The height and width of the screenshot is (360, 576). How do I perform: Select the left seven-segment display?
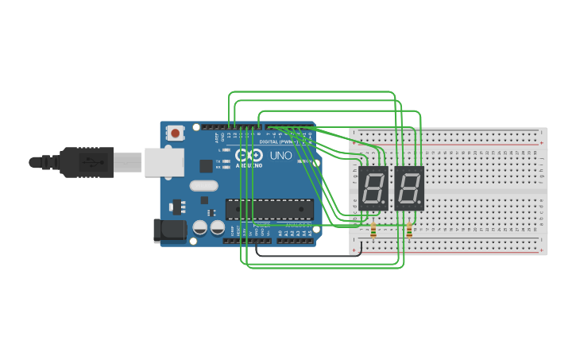(373, 188)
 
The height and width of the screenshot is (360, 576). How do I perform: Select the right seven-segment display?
(409, 188)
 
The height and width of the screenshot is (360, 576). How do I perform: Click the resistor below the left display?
(373, 231)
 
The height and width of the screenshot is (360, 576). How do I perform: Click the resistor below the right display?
(409, 231)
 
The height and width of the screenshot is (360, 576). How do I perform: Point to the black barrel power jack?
(169, 231)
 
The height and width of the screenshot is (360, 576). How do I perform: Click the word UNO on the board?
(281, 156)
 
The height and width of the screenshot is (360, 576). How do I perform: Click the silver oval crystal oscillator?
(203, 186)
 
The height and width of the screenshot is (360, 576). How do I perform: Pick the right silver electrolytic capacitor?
(217, 227)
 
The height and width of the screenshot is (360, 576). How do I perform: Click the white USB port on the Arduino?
(164, 162)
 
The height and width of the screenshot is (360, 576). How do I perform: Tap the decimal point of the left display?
(386, 206)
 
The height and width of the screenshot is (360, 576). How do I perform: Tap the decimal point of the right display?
(422, 206)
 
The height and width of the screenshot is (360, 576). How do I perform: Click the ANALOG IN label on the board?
(299, 225)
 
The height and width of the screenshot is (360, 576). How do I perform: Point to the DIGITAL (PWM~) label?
(278, 141)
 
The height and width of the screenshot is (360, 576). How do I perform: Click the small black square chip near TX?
(206, 165)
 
